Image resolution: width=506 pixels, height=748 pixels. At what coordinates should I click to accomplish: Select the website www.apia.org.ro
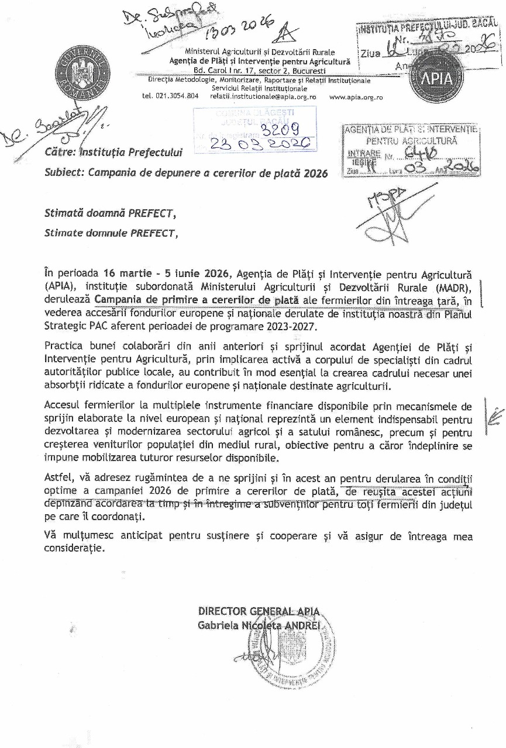[356, 98]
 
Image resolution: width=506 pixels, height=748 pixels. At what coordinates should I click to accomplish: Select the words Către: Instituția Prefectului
[113, 153]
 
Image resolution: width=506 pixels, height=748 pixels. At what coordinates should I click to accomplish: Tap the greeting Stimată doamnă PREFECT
[110, 214]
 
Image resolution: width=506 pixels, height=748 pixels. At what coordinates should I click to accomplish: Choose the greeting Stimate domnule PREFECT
[110, 233]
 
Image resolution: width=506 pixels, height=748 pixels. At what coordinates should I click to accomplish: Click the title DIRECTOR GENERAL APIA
[259, 611]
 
